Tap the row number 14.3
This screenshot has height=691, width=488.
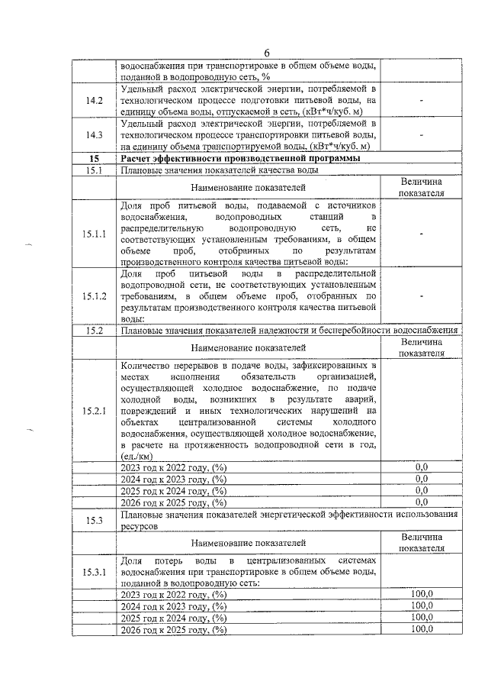pyautogui.click(x=94, y=135)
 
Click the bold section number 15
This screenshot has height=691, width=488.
pyautogui.click(x=94, y=158)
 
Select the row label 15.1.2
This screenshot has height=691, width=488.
pyautogui.click(x=94, y=295)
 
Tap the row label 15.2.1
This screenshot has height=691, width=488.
pyautogui.click(x=94, y=412)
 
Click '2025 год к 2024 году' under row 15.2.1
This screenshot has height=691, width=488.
pyautogui.click(x=174, y=491)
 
